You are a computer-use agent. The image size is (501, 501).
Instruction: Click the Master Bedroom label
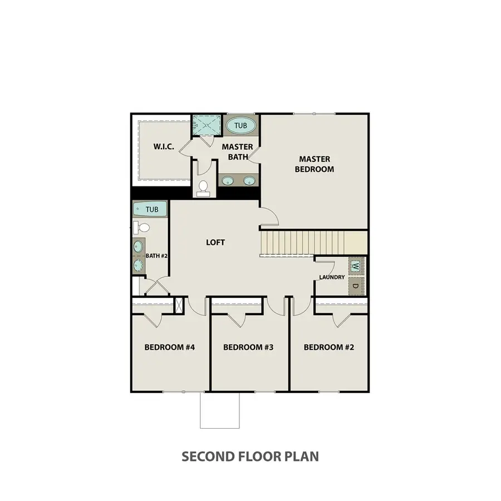(315, 164)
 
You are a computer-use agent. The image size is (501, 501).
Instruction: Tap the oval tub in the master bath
(240, 126)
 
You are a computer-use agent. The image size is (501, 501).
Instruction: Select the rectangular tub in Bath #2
(150, 209)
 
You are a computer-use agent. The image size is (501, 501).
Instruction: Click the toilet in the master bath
(203, 189)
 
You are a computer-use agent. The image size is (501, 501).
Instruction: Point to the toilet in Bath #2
(141, 228)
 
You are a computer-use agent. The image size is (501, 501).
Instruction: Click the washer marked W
(356, 266)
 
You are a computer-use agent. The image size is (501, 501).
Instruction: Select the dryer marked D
(356, 286)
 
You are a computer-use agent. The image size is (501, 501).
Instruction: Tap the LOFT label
(215, 243)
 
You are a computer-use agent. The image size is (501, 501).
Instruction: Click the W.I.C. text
(164, 146)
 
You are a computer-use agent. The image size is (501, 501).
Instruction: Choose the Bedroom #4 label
(170, 347)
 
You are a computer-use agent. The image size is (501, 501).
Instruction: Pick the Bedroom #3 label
(248, 347)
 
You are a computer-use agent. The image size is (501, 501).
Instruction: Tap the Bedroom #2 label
(329, 347)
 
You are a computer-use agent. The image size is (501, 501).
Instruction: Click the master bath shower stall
(207, 125)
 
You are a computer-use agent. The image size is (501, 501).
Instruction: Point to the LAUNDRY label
(332, 277)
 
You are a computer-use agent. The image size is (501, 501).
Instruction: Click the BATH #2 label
(156, 256)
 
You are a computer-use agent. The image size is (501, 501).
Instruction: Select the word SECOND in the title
(208, 456)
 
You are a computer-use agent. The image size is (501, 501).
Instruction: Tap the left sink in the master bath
(228, 180)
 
